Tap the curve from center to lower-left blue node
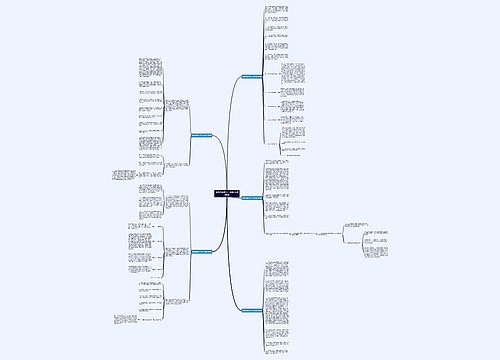tap(217, 225)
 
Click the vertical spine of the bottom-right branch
tap(263, 311)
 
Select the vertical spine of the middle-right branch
tap(263, 199)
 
